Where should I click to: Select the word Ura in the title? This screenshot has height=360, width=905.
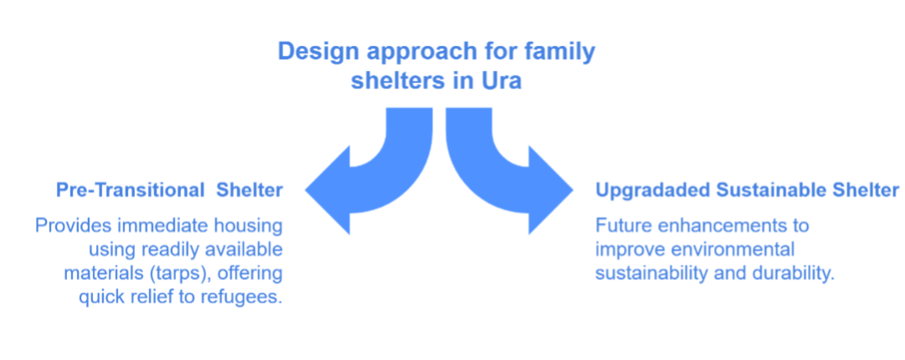501,80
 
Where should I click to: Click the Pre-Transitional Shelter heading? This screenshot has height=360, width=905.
170,190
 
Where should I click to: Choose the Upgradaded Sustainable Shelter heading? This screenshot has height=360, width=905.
748,190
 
